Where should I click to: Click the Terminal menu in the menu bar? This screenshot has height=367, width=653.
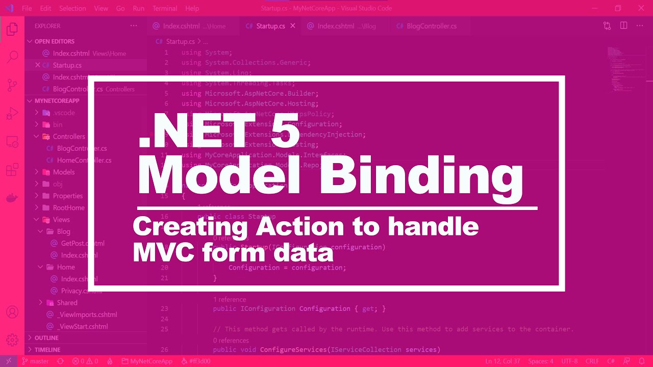tap(164, 8)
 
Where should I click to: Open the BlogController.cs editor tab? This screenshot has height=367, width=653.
tap(431, 26)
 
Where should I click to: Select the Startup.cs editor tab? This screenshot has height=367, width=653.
tap(270, 26)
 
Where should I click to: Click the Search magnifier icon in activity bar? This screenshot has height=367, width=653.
tap(12, 57)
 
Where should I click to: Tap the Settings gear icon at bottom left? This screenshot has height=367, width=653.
tap(12, 340)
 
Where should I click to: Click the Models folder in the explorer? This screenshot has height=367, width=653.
tap(63, 172)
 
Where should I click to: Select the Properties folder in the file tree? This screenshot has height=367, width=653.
tap(67, 196)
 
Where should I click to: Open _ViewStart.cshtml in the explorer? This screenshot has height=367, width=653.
tap(82, 326)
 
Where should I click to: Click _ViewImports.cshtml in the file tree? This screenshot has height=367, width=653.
tap(87, 314)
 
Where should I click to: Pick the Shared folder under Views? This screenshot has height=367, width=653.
tap(67, 303)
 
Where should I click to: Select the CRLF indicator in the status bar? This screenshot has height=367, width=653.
tap(592, 361)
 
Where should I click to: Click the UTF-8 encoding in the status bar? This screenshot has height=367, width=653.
tap(569, 361)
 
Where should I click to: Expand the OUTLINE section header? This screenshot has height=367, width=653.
tap(46, 338)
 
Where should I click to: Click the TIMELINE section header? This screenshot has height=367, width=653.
tap(47, 350)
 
